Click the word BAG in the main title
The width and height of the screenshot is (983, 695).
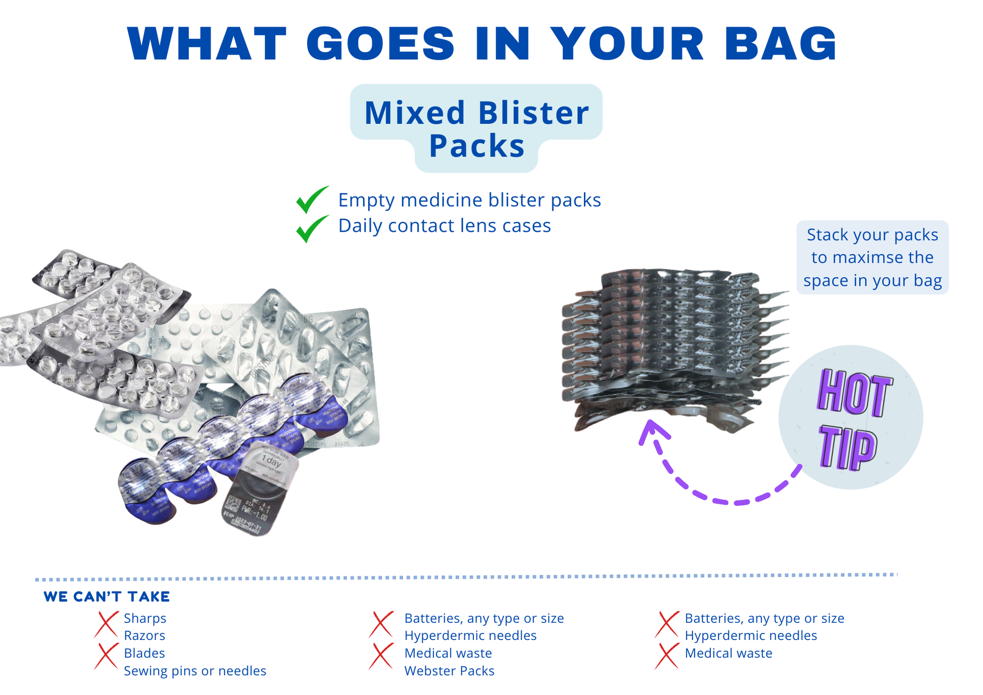(780, 43)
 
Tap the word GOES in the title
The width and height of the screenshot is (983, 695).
(381, 43)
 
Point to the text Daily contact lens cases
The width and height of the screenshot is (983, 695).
(444, 226)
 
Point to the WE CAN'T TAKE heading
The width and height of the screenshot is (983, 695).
(107, 597)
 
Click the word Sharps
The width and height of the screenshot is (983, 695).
(145, 618)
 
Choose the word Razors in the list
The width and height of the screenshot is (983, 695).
(144, 635)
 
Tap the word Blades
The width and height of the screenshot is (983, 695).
(144, 653)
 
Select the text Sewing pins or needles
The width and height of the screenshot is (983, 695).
(195, 671)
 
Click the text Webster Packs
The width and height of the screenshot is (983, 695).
(449, 671)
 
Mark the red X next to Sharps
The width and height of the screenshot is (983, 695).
(106, 624)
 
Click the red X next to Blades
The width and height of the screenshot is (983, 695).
(106, 656)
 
